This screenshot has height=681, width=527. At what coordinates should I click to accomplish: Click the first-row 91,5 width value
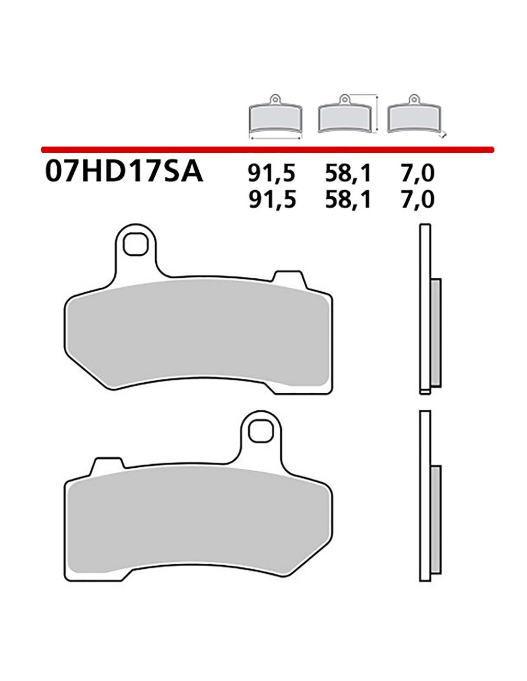[x=272, y=173]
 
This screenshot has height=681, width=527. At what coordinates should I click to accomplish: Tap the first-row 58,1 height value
[x=348, y=173]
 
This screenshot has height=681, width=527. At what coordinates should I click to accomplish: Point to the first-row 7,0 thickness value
[x=417, y=173]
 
